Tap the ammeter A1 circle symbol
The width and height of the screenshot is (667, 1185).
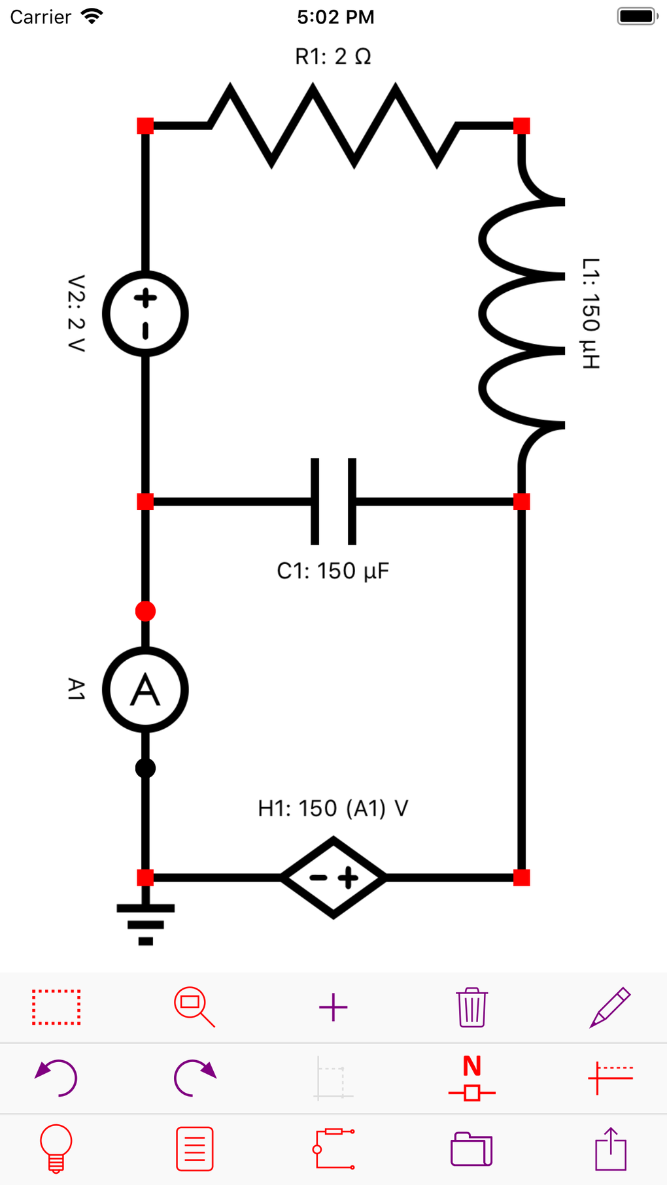[145, 690]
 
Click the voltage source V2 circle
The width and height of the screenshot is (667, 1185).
[145, 314]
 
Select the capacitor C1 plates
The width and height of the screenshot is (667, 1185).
[333, 501]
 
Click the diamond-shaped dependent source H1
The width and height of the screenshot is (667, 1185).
[333, 877]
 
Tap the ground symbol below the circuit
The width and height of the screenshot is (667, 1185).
[145, 922]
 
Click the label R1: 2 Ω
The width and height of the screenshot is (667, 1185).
[333, 57]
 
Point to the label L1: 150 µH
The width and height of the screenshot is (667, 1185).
[590, 314]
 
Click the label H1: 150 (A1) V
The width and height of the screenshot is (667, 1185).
[333, 809]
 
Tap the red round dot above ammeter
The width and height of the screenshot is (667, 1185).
[145, 611]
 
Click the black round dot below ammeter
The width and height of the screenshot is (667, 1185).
[145, 768]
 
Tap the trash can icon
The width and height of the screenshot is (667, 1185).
[471, 1007]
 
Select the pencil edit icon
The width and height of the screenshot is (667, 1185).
[610, 1007]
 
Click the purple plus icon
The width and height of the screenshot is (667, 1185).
[333, 1007]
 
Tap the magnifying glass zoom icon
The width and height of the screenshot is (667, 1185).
[194, 1007]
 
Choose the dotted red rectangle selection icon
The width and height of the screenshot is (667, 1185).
[56, 1007]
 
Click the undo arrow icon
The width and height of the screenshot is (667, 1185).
[56, 1078]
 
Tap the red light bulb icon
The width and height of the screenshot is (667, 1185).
[56, 1148]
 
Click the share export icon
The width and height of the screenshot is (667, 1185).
[610, 1148]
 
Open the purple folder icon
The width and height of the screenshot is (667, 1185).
[471, 1148]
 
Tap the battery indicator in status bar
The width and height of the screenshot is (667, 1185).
[636, 16]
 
